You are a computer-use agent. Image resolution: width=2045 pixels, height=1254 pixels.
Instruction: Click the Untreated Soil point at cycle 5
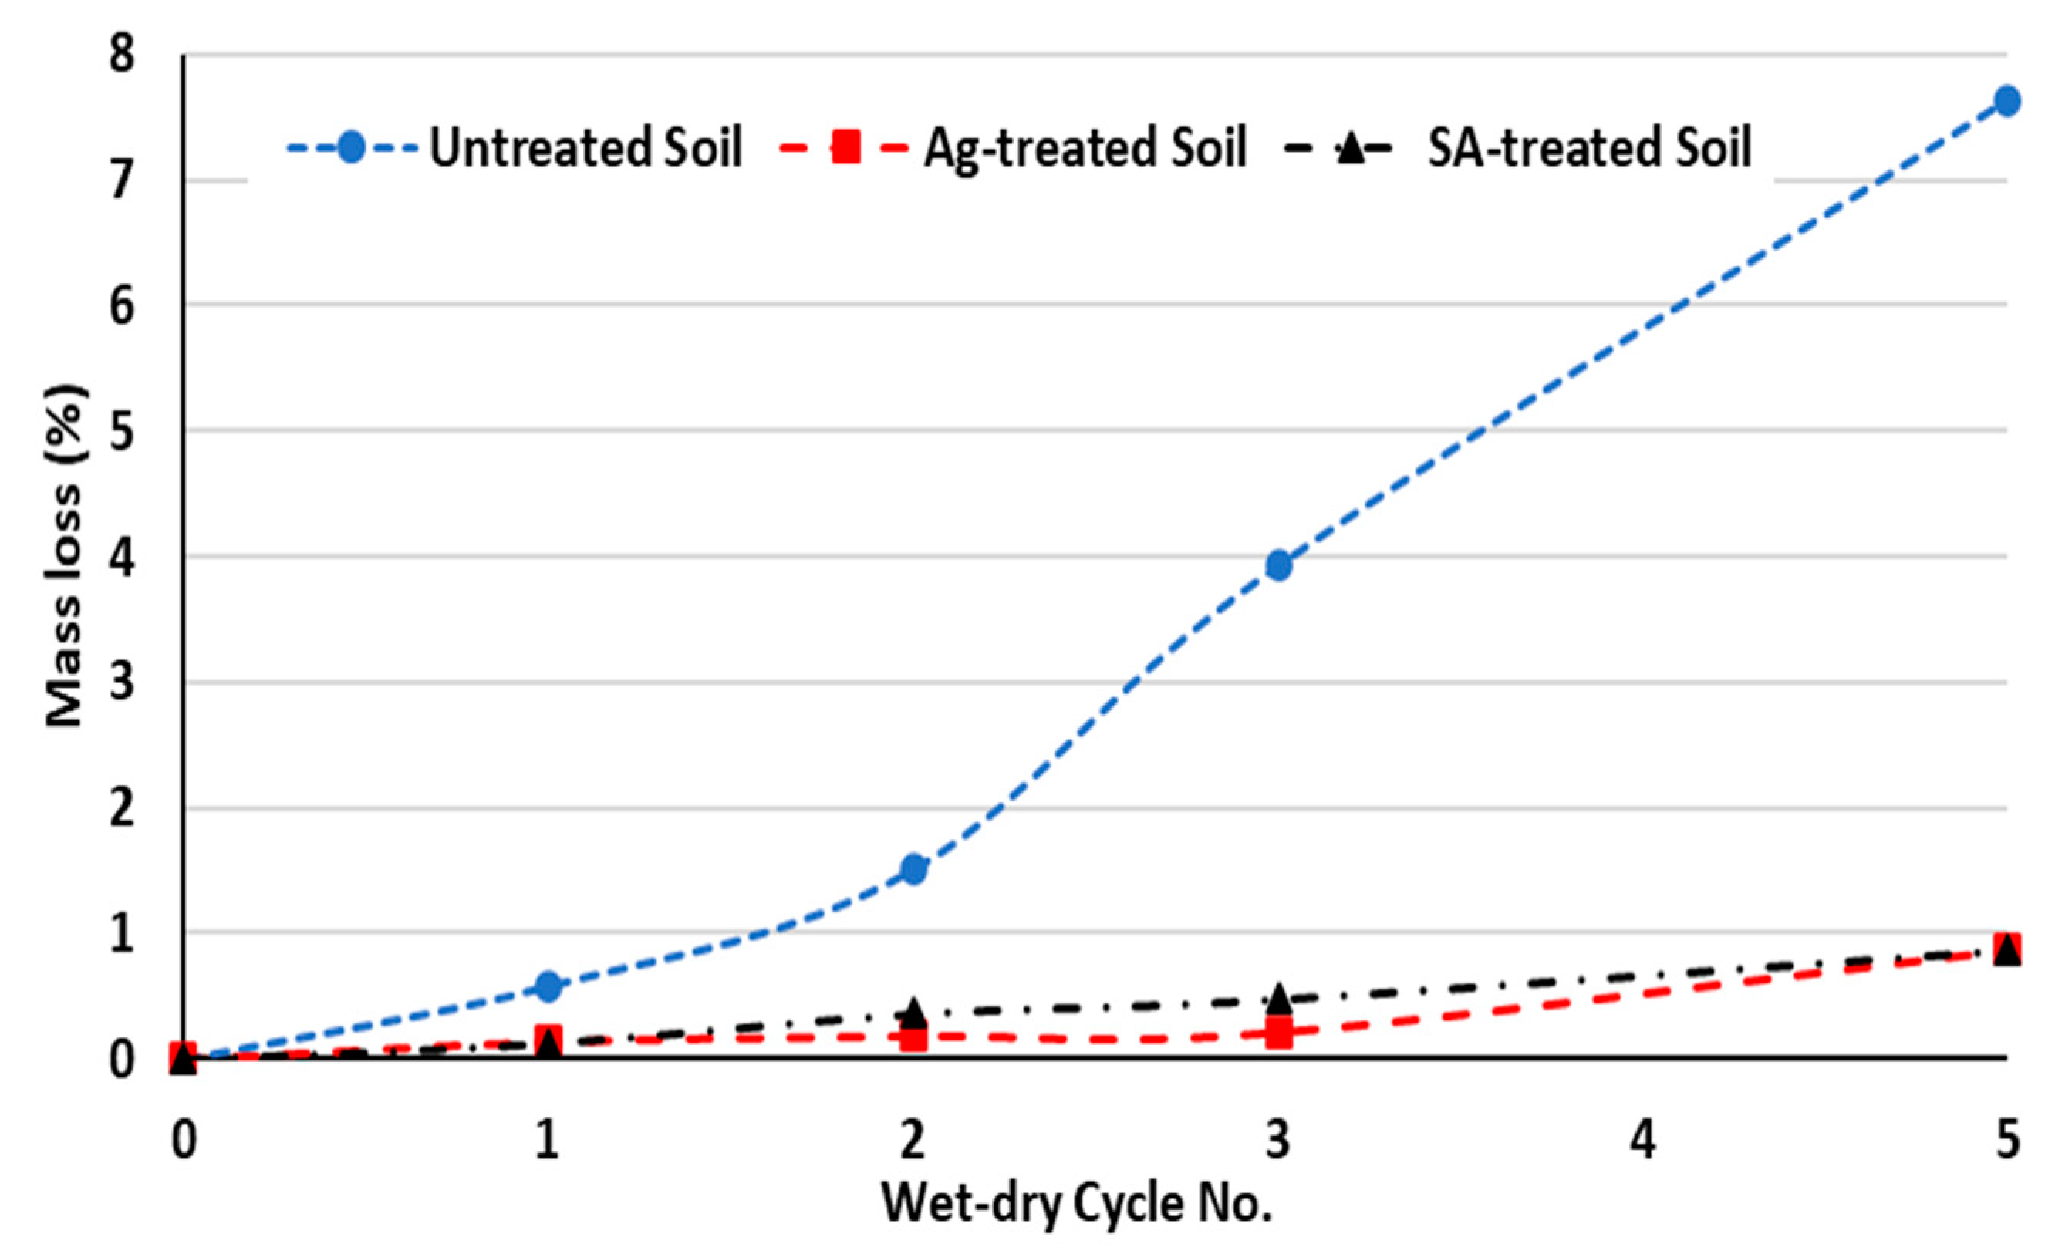point(2006,101)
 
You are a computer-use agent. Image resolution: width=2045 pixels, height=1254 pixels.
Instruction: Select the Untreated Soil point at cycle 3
point(1279,565)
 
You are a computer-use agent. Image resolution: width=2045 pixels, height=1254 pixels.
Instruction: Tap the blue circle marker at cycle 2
point(914,869)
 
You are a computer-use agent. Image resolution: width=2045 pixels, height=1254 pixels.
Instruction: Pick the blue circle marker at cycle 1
point(548,986)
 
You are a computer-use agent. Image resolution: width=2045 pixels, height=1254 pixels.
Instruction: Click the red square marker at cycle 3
point(1279,1034)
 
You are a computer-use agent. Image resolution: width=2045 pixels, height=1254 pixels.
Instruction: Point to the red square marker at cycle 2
point(914,1037)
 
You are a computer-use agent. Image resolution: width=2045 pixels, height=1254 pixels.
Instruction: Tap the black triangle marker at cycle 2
point(914,1012)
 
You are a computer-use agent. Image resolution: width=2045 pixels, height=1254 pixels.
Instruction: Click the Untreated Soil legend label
point(585,148)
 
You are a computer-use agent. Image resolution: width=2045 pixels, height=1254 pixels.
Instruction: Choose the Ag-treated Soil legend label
point(1085,148)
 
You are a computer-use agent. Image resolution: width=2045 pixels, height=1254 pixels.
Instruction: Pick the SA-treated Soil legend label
point(1588,148)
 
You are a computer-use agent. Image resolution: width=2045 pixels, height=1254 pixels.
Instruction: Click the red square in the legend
point(845,149)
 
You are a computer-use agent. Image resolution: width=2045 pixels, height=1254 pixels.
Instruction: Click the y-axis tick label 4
point(121,558)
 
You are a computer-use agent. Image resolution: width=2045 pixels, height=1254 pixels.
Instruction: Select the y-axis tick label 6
point(121,306)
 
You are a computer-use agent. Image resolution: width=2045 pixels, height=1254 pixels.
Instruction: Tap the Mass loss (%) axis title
point(64,556)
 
